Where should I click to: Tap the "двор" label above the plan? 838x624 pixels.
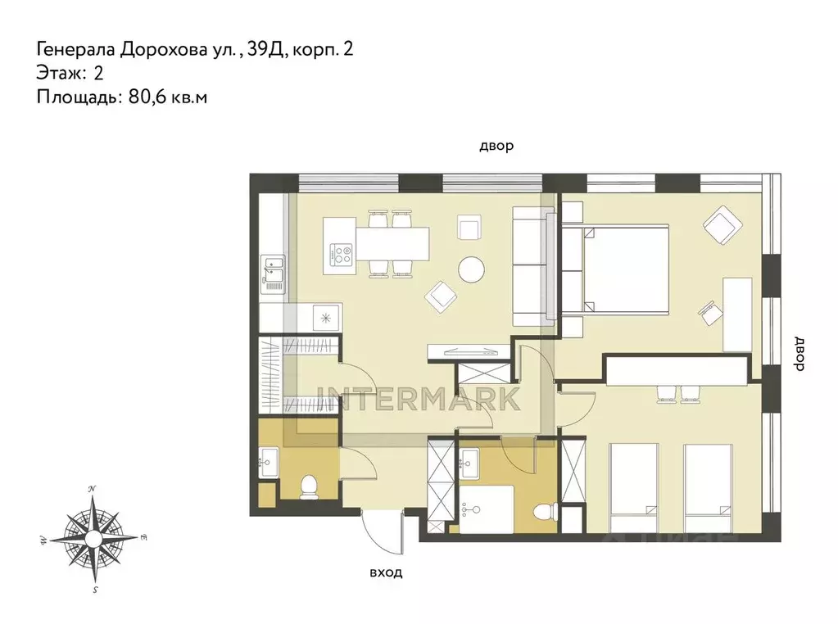point(496,147)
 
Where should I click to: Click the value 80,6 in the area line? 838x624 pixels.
point(145,97)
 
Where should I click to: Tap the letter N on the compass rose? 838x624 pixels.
point(93,489)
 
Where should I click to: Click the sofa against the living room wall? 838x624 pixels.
point(530,265)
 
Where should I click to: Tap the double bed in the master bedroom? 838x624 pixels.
point(620,269)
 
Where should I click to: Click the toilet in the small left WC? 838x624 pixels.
point(309,487)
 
